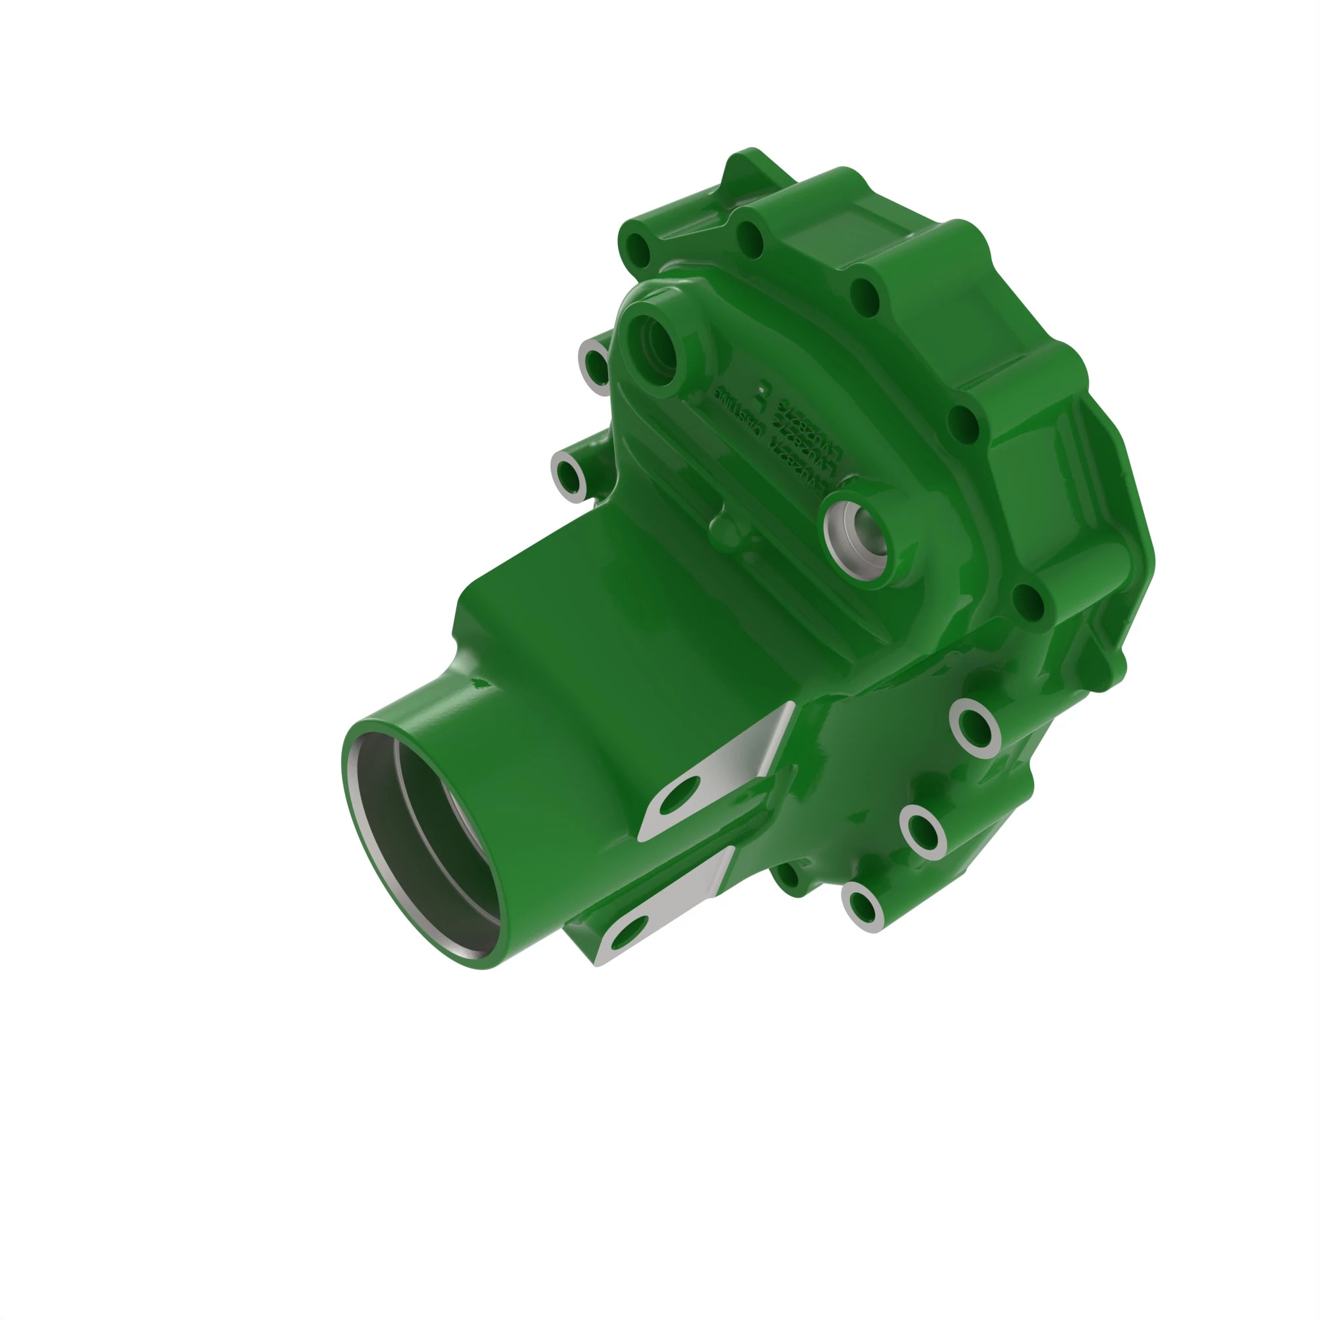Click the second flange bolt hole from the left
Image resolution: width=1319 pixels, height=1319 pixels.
tap(751, 239)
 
